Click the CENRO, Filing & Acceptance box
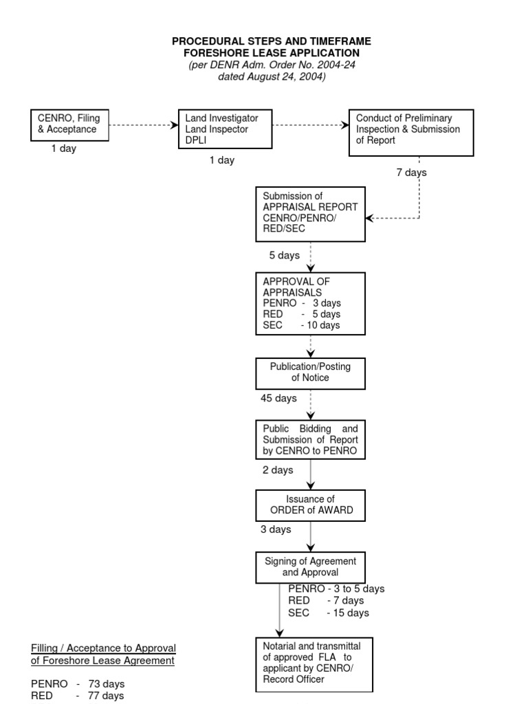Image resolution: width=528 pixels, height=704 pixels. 69,125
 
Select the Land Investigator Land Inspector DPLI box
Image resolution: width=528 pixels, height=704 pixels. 225,129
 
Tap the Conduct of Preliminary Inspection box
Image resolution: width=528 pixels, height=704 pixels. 411,133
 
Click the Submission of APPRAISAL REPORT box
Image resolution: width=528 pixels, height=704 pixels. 310,214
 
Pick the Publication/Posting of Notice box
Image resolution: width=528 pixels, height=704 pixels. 310,373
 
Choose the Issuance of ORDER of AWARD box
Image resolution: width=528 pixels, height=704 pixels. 310,505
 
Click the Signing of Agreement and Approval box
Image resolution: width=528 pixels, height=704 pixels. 310,567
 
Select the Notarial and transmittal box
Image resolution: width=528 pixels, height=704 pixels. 313,665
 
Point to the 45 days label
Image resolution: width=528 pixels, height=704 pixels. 278,398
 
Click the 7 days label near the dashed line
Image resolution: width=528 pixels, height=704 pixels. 411,173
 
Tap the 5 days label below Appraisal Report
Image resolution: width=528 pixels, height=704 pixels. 284,255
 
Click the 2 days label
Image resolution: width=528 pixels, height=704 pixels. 278,470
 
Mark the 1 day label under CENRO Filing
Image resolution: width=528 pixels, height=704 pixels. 64,148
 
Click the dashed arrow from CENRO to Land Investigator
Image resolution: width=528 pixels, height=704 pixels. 144,125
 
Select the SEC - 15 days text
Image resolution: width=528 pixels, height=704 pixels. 329,613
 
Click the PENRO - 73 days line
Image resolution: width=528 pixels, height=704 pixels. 78,684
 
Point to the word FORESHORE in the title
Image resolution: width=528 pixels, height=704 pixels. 217,53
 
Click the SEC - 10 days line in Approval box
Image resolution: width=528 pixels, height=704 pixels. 301,325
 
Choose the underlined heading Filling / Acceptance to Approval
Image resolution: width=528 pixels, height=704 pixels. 103,648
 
